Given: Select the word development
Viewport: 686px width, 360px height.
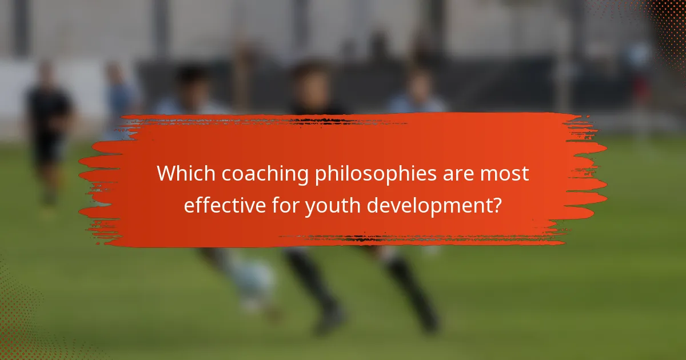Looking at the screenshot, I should click(429, 205).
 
